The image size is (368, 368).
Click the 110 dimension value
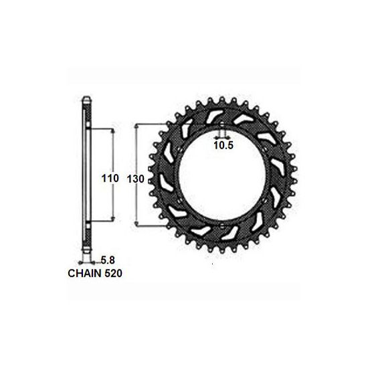(110, 179)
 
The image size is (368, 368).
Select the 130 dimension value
(136, 179)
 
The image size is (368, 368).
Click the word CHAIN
(84, 273)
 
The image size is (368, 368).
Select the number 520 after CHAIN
(113, 273)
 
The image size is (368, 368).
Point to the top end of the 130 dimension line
(136, 124)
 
